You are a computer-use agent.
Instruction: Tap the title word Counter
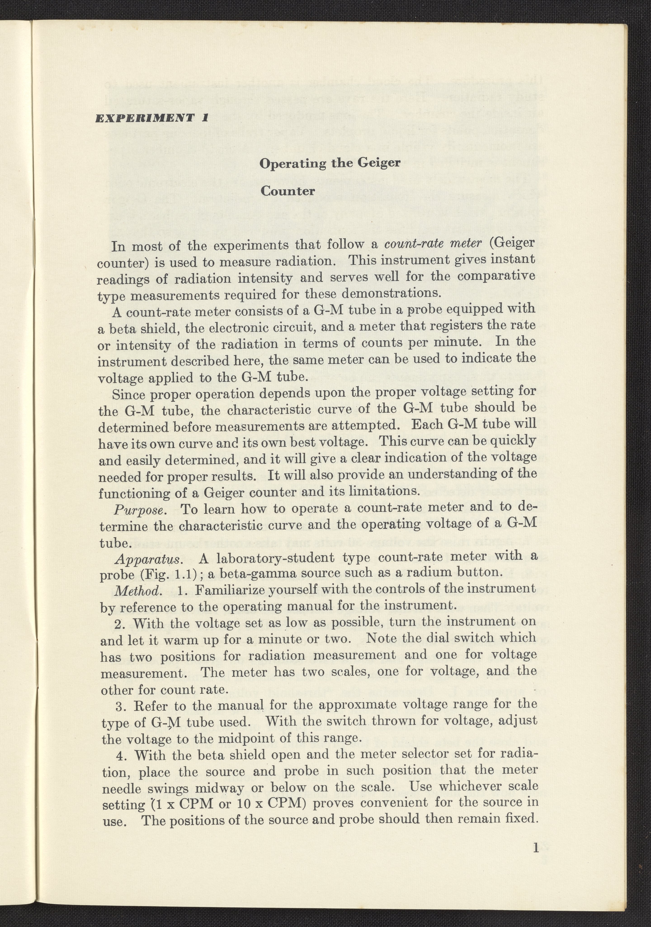287,191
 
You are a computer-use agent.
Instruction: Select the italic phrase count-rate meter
433,243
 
